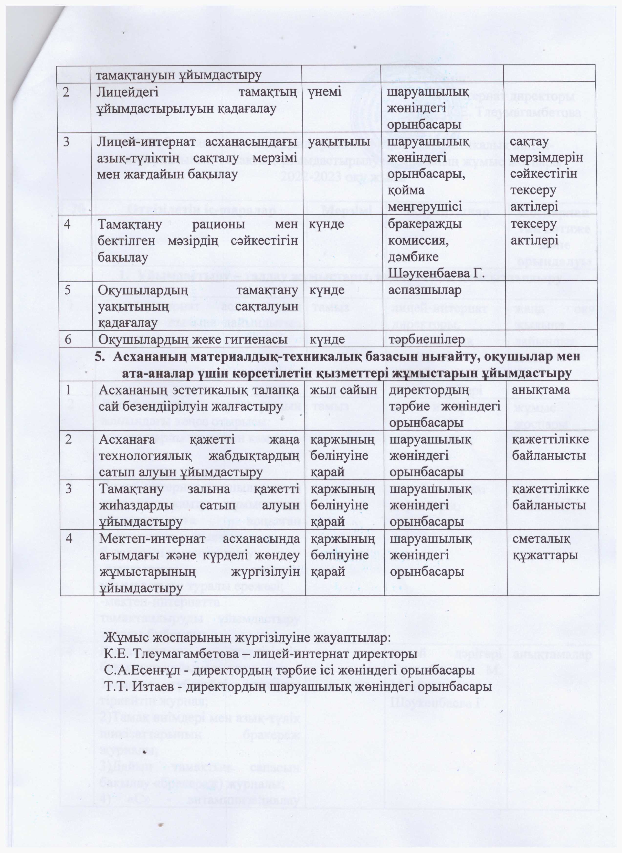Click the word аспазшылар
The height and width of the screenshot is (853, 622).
click(x=424, y=290)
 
